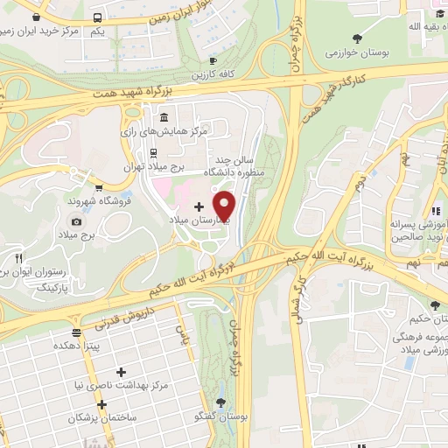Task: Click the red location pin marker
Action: pyautogui.click(x=225, y=206)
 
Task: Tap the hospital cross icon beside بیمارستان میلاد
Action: pyautogui.click(x=199, y=206)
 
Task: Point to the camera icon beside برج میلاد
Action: pyautogui.click(x=76, y=221)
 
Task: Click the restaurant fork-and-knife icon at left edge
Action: pyautogui.click(x=19, y=258)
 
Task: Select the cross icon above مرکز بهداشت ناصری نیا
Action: pyautogui.click(x=121, y=372)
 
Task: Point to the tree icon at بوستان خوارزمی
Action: pyautogui.click(x=357, y=38)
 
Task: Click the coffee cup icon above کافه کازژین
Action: pyautogui.click(x=213, y=59)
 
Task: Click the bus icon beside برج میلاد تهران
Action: pyautogui.click(x=153, y=151)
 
